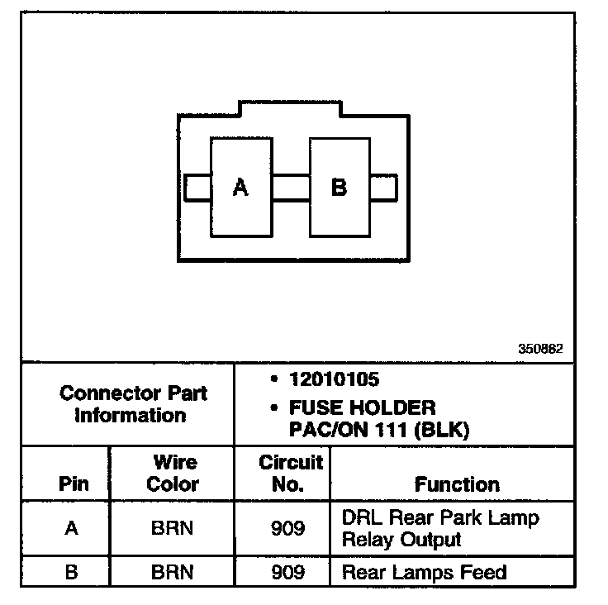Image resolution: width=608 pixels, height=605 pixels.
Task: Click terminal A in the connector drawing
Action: pyautogui.click(x=240, y=188)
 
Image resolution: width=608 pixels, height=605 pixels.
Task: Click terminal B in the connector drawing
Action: pyautogui.click(x=339, y=188)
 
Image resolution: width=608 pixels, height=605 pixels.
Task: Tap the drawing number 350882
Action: pyautogui.click(x=540, y=349)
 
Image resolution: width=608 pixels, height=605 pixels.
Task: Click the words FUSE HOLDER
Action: pyautogui.click(x=362, y=407)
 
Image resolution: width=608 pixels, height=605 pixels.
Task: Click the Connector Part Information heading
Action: pyautogui.click(x=133, y=403)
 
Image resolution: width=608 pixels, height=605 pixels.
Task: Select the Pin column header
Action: pyautogui.click(x=73, y=484)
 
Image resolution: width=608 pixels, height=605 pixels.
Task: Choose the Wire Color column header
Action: pyautogui.click(x=173, y=474)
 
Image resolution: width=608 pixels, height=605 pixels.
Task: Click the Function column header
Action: pyautogui.click(x=457, y=484)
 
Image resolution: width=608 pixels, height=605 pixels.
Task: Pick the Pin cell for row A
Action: pyautogui.click(x=72, y=528)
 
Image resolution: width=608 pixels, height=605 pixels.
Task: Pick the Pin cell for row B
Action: pyautogui.click(x=72, y=572)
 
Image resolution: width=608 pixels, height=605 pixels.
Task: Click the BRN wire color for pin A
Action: pyautogui.click(x=173, y=528)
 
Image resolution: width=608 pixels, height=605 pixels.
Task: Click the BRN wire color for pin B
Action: pyautogui.click(x=173, y=572)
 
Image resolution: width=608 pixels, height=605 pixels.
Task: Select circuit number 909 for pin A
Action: pyautogui.click(x=287, y=528)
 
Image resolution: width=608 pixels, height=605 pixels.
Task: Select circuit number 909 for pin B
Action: pyautogui.click(x=287, y=572)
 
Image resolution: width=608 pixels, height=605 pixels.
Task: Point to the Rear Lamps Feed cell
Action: pyautogui.click(x=424, y=572)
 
